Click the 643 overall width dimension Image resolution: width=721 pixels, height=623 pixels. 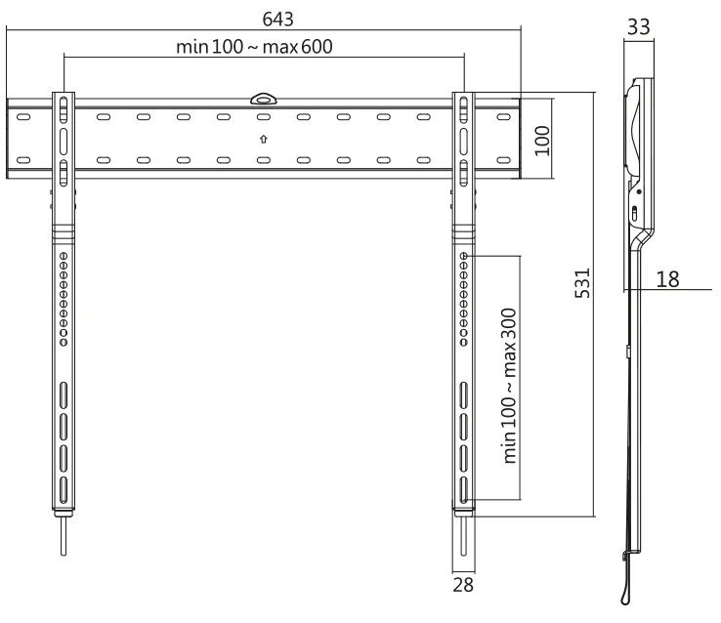(277, 19)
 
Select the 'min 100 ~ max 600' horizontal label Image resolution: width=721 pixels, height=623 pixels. (254, 47)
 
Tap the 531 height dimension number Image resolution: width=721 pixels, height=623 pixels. (582, 283)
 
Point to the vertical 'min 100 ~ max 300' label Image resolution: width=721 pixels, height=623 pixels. (509, 386)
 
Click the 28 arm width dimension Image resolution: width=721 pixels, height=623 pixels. (463, 585)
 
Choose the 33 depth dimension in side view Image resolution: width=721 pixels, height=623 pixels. (639, 27)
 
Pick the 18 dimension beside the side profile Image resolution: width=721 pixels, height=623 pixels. (667, 279)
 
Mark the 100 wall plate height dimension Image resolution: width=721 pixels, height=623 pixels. (542, 141)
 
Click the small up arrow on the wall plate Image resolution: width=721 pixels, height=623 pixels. (264, 139)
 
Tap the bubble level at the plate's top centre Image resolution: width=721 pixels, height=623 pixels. (264, 99)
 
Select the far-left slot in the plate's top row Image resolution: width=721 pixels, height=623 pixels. (23, 117)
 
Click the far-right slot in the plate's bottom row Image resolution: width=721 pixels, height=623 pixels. (504, 160)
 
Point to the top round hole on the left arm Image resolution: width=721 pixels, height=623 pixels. (64, 256)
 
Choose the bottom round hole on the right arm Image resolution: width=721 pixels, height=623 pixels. (464, 343)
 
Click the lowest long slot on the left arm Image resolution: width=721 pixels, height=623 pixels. (64, 490)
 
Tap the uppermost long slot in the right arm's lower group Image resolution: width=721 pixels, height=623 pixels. (464, 395)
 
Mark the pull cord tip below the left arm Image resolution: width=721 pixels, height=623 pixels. (64, 553)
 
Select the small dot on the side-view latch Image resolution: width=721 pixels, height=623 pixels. (639, 191)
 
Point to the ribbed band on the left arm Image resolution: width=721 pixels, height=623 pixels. (64, 233)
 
